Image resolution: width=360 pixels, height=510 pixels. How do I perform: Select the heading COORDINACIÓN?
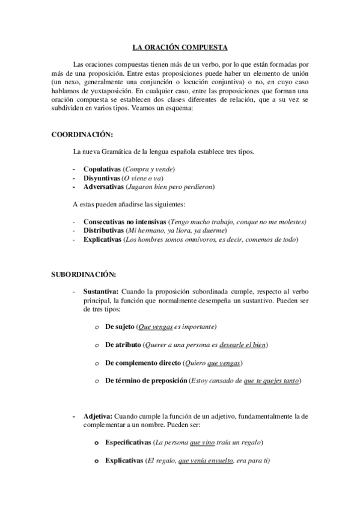(x=82, y=134)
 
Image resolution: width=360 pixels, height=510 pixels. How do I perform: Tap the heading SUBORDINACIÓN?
(x=84, y=275)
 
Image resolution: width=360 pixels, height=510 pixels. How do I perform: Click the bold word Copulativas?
(x=102, y=170)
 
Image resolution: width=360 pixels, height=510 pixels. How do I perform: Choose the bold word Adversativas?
(x=104, y=186)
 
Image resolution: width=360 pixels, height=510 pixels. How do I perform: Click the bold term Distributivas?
(x=104, y=230)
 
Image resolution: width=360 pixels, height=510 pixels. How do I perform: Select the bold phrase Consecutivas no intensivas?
(x=125, y=222)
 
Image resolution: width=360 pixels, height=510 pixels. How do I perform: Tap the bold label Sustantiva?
(x=101, y=291)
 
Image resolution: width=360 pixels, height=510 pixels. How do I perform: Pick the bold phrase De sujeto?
(x=120, y=327)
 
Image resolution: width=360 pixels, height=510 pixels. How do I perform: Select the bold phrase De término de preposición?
(x=146, y=381)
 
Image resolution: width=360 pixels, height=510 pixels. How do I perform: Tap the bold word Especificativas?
(x=128, y=442)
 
